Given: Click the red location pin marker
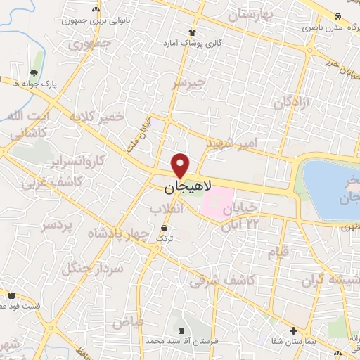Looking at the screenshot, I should tap(181, 165).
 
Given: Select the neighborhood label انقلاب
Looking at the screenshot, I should tap(167, 209).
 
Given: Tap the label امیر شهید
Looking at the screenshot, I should tap(232, 143).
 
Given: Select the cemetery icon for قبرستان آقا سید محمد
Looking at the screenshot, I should tap(183, 330).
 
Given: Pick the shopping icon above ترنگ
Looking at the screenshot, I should tap(165, 229).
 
